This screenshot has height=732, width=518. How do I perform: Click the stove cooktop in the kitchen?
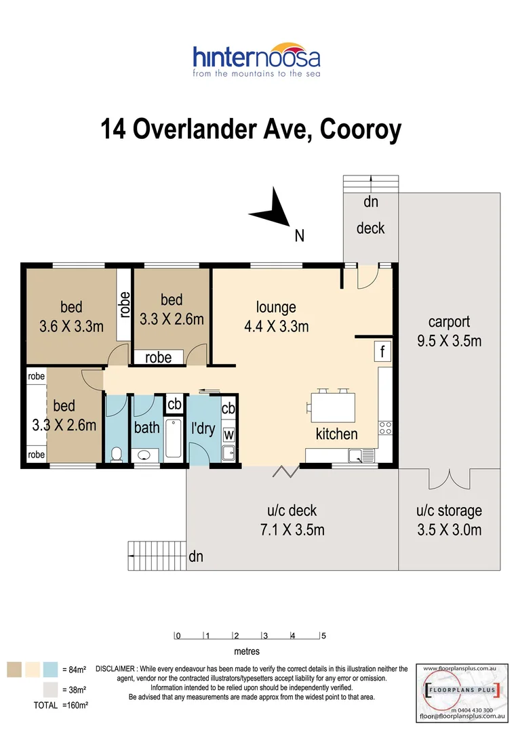(x=384, y=428)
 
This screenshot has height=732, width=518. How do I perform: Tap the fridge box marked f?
(x=382, y=352)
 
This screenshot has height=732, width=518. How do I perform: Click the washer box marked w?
(x=228, y=434)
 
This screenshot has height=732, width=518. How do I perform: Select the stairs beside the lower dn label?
(x=156, y=556)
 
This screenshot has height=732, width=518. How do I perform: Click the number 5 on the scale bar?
(x=323, y=636)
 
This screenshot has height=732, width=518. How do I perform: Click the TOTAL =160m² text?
(x=61, y=705)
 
